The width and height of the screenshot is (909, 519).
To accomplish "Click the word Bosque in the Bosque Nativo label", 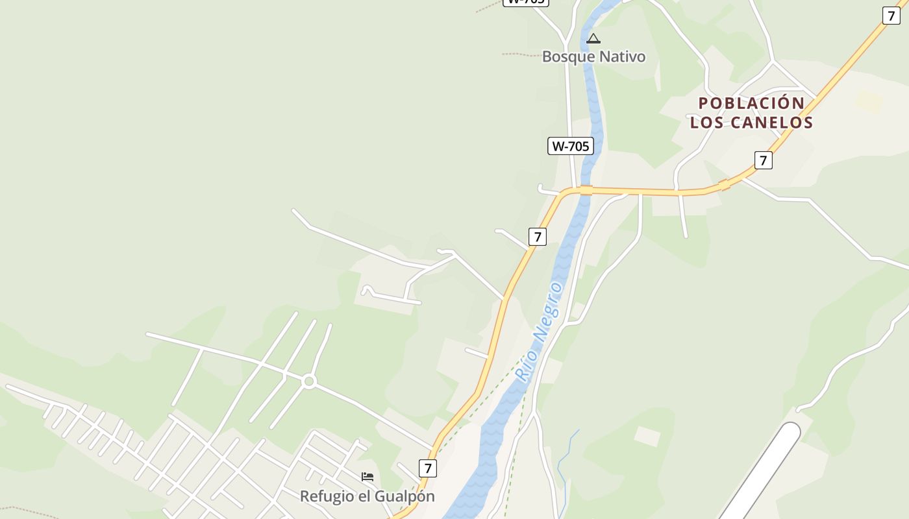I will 569,57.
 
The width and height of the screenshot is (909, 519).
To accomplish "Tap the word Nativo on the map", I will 622,57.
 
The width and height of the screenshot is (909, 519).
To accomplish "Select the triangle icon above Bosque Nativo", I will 593,39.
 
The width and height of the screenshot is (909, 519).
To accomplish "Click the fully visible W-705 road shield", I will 570,146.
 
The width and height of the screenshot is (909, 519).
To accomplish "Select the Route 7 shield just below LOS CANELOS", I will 763,160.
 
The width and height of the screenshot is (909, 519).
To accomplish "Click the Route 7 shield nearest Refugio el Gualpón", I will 427,468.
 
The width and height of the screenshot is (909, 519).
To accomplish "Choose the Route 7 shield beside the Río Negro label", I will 537,237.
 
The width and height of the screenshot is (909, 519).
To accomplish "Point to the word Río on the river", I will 525,365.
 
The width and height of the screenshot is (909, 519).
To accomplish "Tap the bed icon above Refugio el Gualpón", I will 367,477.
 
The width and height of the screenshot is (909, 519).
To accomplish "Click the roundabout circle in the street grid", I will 309,382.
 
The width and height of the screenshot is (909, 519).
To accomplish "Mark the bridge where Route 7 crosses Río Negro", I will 586,189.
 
